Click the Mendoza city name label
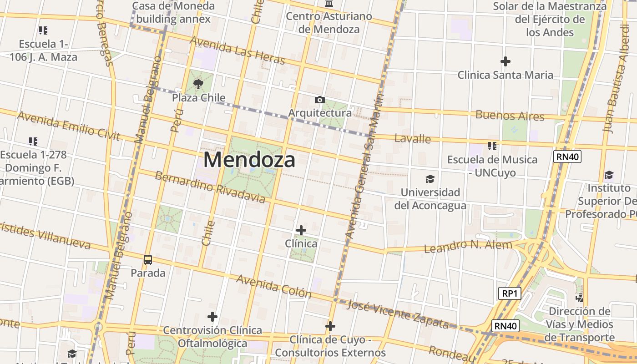pos(249,160)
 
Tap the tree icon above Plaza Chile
pos(198,84)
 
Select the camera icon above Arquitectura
pos(319,100)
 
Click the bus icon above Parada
pos(148,260)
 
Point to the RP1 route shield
pos(509,293)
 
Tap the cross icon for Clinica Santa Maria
pos(505,61)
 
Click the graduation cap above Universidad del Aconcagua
pos(430,179)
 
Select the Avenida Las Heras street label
pos(237,50)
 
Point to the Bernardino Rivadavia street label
pos(210,187)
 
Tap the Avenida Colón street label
pos(273,286)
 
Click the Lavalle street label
pos(412,138)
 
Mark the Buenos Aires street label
pos(510,116)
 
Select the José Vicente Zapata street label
pos(398,314)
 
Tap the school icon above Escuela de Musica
pos(492,146)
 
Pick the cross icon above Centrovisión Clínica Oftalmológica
pos(212,317)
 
